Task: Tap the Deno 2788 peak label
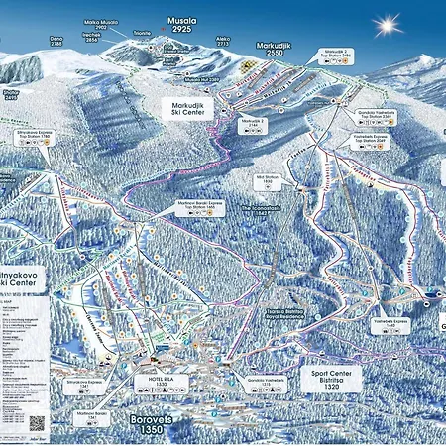[x=56, y=42]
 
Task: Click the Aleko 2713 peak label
[x=222, y=42]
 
